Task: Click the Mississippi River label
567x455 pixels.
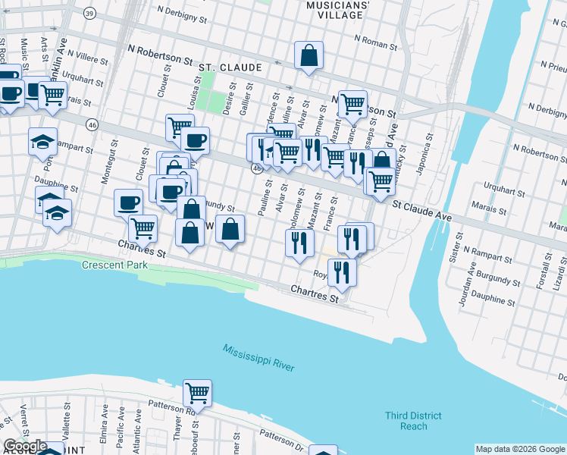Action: pyautogui.click(x=258, y=358)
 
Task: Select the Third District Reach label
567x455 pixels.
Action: pyautogui.click(x=412, y=421)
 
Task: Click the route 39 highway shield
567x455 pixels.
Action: pyautogui.click(x=90, y=14)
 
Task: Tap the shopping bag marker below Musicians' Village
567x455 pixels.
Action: pyautogui.click(x=309, y=56)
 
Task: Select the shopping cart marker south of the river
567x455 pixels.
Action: pyautogui.click(x=197, y=394)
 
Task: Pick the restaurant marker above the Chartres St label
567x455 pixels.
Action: pyautogui.click(x=342, y=273)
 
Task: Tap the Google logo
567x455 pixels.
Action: pyautogui.click(x=25, y=446)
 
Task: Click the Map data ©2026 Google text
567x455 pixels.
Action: pyautogui.click(x=520, y=449)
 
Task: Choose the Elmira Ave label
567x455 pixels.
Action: pyautogui.click(x=103, y=422)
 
